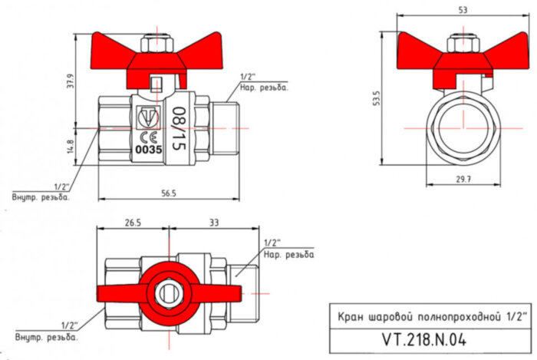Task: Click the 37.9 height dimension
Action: [71, 81]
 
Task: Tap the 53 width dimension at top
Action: [460, 9]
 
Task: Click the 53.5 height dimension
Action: [377, 99]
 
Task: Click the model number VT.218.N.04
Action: [424, 339]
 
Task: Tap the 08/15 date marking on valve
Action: [179, 127]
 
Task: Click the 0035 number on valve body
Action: [148, 150]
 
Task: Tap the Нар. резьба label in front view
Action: [264, 88]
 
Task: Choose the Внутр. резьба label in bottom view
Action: [45, 337]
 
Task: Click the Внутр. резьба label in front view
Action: [41, 197]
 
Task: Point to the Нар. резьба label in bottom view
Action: [288, 254]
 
